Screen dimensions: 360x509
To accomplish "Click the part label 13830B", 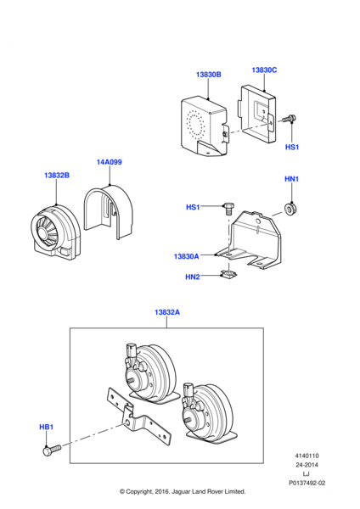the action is tap(208, 75).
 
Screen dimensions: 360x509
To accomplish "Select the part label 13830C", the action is tap(264, 70).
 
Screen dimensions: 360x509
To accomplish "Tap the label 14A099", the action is tap(110, 162).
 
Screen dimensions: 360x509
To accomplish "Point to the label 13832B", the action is tap(57, 176).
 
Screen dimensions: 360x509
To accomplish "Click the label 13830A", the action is tap(186, 256).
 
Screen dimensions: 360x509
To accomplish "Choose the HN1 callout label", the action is tap(291, 179).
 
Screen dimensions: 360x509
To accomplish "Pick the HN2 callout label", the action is tap(193, 277).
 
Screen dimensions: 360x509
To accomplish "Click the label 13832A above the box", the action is tap(167, 312).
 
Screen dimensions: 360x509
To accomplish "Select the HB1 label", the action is tap(46, 427).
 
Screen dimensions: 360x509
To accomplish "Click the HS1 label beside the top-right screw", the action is tap(292, 147).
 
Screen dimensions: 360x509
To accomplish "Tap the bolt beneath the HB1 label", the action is tap(52, 450).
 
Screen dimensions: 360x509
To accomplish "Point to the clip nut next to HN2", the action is tap(228, 275).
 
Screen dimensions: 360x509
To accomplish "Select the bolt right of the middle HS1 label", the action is tap(228, 208).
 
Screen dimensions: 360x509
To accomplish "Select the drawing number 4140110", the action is tap(307, 456).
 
